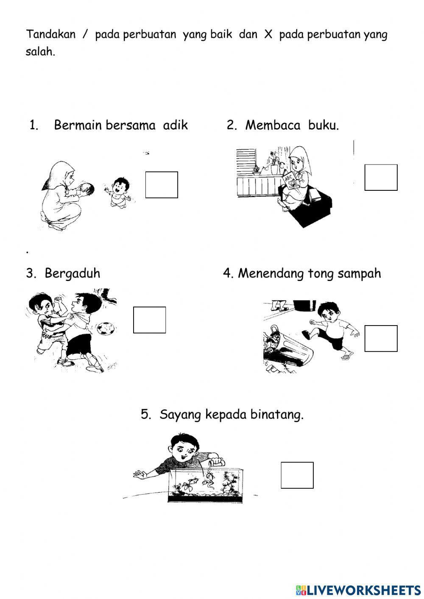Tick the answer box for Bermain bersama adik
coord(162,185)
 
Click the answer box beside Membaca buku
coord(381,178)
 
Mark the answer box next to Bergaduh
coord(149,320)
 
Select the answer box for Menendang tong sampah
coord(381,339)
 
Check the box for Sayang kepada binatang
coord(297,475)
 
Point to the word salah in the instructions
coord(40,52)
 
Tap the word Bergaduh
coord(73,273)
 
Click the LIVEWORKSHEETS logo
coord(358,590)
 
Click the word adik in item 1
coord(176,125)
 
